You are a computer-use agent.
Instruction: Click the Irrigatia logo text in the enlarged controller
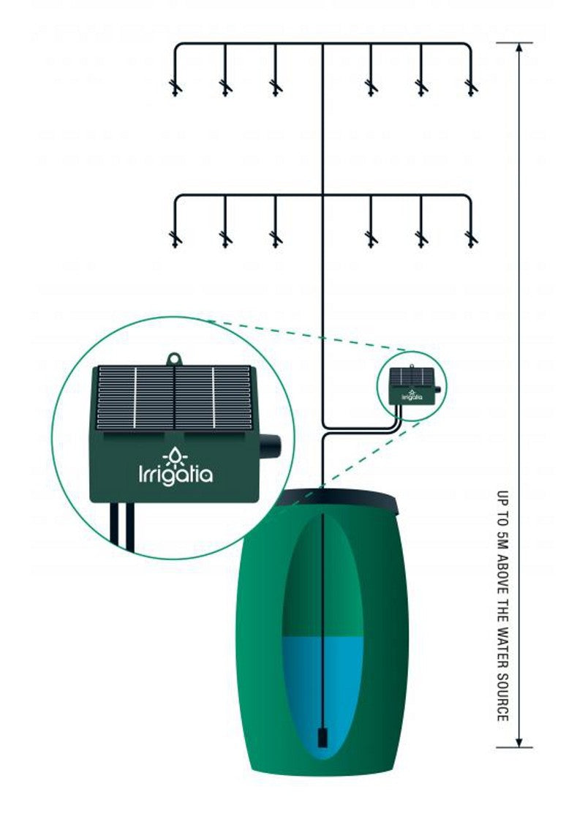click(175, 475)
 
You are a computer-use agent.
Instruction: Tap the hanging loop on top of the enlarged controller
click(174, 359)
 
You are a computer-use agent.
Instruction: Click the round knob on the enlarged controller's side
click(271, 444)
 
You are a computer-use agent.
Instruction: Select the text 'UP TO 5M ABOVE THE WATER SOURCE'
click(502, 605)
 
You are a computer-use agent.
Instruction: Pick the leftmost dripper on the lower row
click(175, 238)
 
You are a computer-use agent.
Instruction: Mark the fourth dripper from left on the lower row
click(371, 238)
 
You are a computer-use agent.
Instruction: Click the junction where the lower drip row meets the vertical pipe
click(322, 195)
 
